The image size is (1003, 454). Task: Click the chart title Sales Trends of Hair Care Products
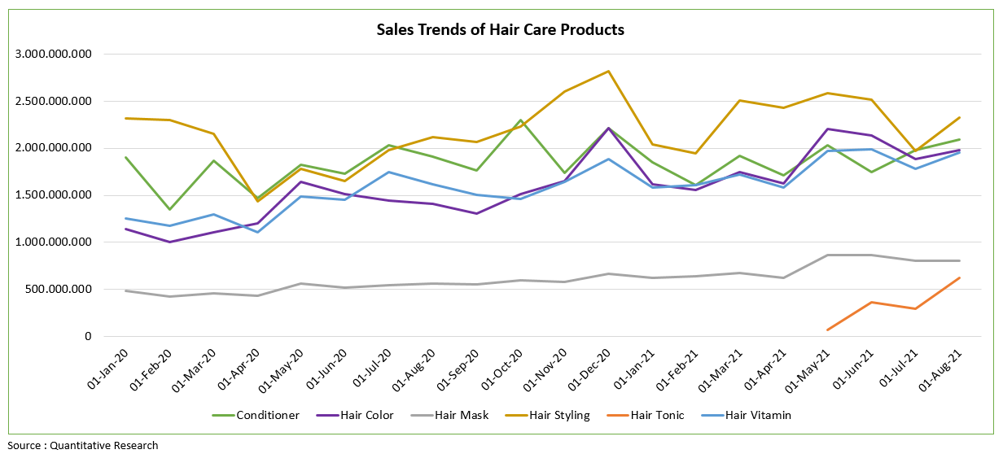click(x=500, y=30)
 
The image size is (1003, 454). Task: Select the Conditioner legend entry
click(x=267, y=415)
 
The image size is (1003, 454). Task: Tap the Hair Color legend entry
click(x=364, y=415)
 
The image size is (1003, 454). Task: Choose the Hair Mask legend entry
click(x=462, y=415)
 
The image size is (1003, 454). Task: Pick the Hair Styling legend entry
click(x=559, y=415)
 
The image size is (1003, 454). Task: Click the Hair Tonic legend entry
click(x=656, y=415)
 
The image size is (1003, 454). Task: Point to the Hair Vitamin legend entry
click(x=758, y=415)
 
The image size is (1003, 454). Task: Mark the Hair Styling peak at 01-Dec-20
click(x=608, y=72)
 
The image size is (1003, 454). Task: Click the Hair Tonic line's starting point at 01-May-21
click(x=827, y=330)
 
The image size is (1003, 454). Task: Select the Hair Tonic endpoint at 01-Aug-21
click(x=960, y=278)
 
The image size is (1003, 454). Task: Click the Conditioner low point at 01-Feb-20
click(x=169, y=209)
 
